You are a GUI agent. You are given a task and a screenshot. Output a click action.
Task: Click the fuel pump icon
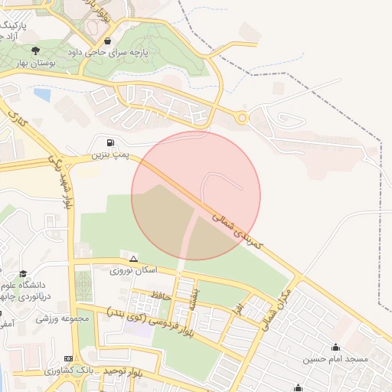pyautogui.click(x=113, y=142)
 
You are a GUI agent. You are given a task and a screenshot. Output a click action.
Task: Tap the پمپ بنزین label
pyautogui.click(x=107, y=155)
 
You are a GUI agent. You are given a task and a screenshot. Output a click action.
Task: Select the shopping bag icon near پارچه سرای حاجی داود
pyautogui.click(x=108, y=41)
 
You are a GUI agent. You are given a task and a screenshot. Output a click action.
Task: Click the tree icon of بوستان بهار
pyautogui.click(x=36, y=50)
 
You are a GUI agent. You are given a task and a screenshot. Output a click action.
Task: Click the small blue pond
pyautogui.click(x=42, y=95)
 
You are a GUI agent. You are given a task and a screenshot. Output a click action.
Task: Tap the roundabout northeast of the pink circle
pyautogui.click(x=243, y=118)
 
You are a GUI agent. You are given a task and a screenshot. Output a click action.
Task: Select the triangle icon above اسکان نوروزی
pyautogui.click(x=134, y=260)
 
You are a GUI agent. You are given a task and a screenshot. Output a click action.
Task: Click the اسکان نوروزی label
pyautogui.click(x=133, y=271)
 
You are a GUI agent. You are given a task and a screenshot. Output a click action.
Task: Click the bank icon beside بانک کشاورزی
pyautogui.click(x=69, y=358)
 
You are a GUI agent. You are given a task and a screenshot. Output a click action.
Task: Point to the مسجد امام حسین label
pyautogui.click(x=335, y=358)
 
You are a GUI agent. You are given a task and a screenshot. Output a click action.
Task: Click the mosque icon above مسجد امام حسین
pyautogui.click(x=335, y=347)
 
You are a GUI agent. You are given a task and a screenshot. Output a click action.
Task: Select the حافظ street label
pyautogui.click(x=160, y=294)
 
